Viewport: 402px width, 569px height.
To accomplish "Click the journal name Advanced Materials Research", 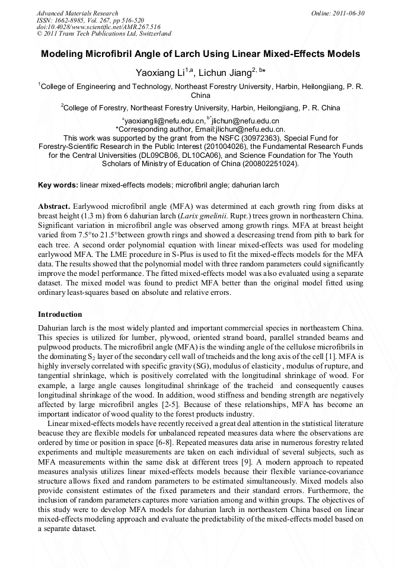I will tap(78, 13).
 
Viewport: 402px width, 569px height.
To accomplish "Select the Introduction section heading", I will tap(60, 314).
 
